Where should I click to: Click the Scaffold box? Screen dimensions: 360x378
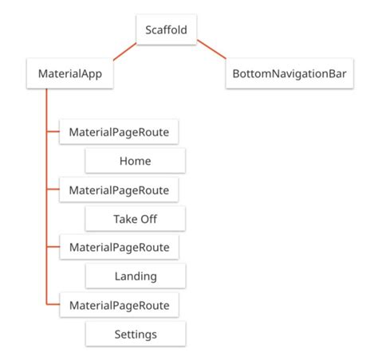[x=166, y=30]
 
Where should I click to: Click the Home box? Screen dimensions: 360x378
[x=135, y=161]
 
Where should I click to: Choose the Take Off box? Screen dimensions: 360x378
[x=135, y=219]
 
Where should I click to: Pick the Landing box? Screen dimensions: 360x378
[x=135, y=276]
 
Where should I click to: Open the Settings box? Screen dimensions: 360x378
[x=135, y=334]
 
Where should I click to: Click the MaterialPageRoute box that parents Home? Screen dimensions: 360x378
[x=119, y=132]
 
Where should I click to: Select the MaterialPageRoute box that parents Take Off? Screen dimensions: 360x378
[x=119, y=190]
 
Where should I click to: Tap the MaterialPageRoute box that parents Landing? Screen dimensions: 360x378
[x=119, y=248]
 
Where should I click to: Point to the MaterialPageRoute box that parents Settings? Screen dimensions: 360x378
[x=119, y=305]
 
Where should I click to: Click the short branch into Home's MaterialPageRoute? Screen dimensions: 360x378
[x=53, y=132]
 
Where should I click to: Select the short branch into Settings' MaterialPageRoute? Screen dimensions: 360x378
[x=53, y=305]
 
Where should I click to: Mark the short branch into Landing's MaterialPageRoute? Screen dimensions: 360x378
[x=53, y=248]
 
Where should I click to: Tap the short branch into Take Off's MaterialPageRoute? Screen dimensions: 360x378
[x=53, y=190]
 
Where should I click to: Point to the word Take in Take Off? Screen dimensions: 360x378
[x=125, y=219]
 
